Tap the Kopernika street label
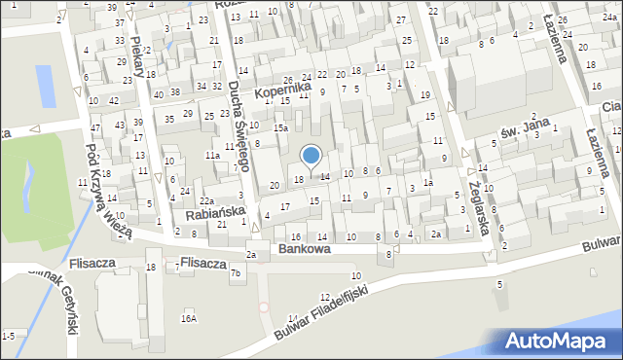283,91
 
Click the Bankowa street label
304,249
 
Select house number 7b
235,273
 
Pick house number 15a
280,127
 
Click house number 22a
206,201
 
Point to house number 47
95,128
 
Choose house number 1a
427,182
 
